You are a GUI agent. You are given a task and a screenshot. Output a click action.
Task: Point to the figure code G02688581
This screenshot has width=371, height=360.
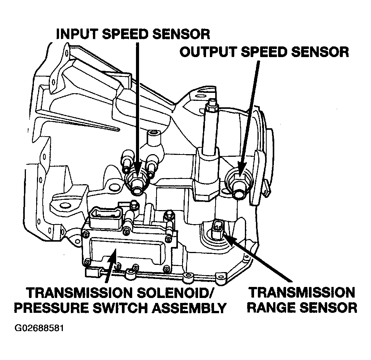(x=39, y=328)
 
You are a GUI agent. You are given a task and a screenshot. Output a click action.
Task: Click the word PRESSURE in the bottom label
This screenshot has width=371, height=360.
(x=51, y=308)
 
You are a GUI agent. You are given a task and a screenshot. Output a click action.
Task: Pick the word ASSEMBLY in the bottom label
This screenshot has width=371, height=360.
(x=189, y=308)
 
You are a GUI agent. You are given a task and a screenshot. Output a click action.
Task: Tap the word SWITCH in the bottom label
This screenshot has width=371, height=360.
(x=120, y=308)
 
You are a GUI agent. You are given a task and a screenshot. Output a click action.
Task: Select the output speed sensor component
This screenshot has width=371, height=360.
(x=239, y=184)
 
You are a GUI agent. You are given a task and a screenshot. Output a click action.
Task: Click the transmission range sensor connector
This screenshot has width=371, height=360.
(x=217, y=229)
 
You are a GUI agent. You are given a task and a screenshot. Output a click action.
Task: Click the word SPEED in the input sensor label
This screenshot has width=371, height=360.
(x=125, y=34)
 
